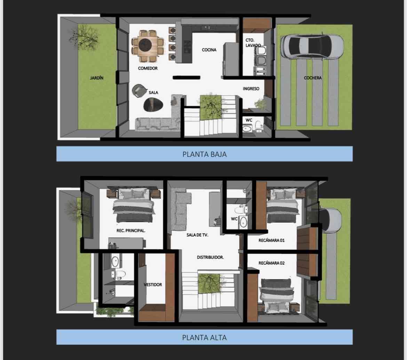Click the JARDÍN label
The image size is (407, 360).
97,78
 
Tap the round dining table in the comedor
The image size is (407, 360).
145,45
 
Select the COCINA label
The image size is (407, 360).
209,50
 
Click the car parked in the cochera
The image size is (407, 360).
312,46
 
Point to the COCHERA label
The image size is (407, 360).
312,78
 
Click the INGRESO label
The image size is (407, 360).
251,89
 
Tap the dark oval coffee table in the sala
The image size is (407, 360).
153,104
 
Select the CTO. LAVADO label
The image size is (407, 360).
253,43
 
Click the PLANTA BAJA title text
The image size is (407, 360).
205,154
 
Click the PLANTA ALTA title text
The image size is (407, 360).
205,337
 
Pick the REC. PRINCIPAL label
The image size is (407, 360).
131,231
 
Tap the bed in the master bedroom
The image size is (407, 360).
134,205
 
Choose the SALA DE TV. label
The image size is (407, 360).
197,235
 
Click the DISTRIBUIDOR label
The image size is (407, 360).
210,257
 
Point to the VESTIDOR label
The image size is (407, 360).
153,285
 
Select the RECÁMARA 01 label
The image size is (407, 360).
271,241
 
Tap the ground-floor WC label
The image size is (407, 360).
249,120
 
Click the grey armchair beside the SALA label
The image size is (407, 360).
139,90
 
